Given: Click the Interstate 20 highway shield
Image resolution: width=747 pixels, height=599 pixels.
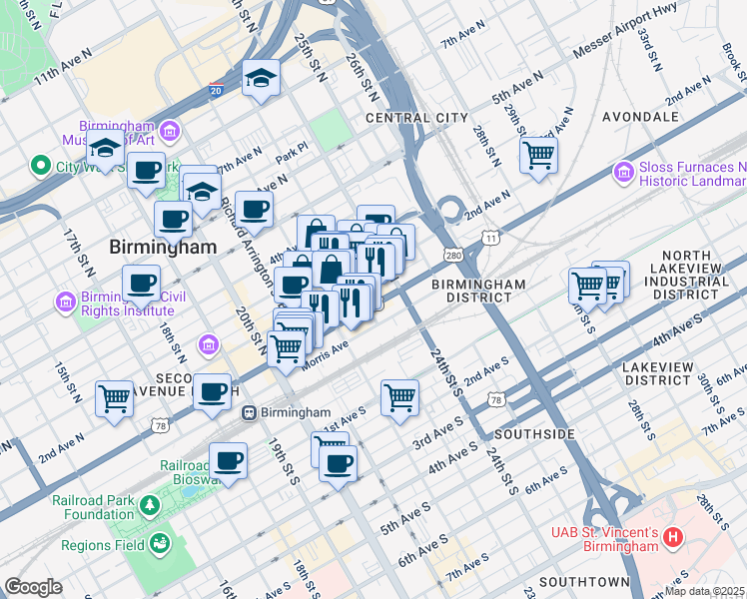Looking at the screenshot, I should click(x=216, y=89).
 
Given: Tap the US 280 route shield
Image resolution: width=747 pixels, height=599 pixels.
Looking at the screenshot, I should click(x=454, y=257).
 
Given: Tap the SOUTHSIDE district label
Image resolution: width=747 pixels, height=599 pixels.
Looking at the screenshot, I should click(x=535, y=434).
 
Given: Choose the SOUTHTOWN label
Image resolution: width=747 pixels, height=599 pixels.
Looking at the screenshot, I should click(x=584, y=581).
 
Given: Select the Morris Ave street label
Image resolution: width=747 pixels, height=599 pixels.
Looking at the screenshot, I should click(x=326, y=354).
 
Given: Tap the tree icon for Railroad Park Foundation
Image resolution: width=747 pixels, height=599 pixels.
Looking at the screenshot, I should click(x=150, y=505).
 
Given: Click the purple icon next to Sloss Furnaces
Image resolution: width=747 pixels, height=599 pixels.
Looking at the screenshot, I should click(x=624, y=175).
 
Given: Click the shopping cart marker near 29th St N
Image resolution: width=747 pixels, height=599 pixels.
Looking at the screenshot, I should click(x=538, y=154).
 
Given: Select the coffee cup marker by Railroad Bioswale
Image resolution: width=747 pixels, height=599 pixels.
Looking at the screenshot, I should click(x=229, y=460).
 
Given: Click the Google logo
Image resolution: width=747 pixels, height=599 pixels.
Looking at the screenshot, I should click(x=33, y=587).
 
